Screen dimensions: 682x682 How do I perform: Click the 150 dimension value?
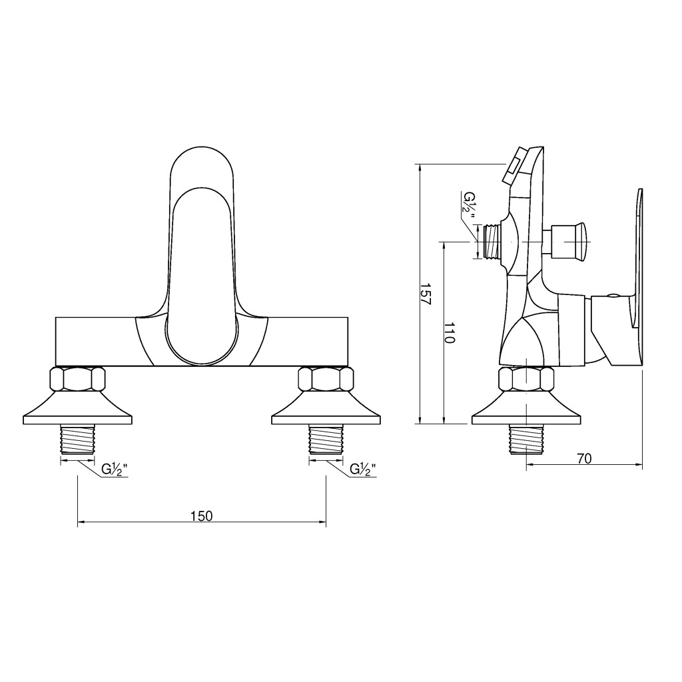[x=202, y=516]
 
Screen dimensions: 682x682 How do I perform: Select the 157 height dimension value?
[x=426, y=294]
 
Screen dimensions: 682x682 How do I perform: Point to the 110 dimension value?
[x=450, y=333]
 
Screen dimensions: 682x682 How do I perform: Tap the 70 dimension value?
[x=585, y=458]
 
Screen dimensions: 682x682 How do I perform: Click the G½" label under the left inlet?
[x=115, y=470]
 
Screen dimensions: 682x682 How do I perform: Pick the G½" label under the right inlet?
[x=363, y=470]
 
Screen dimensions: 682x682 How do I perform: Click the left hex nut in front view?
[x=78, y=379]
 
